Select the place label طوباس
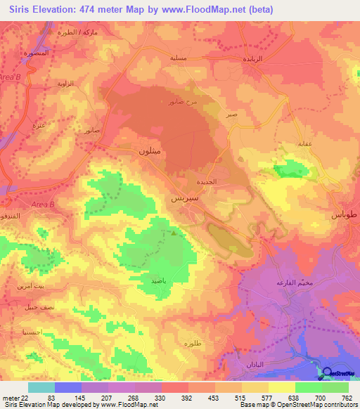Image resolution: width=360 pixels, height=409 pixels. tap(344, 214)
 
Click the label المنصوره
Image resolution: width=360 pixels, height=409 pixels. tap(35, 54)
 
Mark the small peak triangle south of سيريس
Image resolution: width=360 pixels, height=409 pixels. tap(174, 233)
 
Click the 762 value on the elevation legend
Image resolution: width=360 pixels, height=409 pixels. tap(346, 398)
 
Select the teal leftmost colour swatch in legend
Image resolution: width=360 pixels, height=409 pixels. tap(41, 387)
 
